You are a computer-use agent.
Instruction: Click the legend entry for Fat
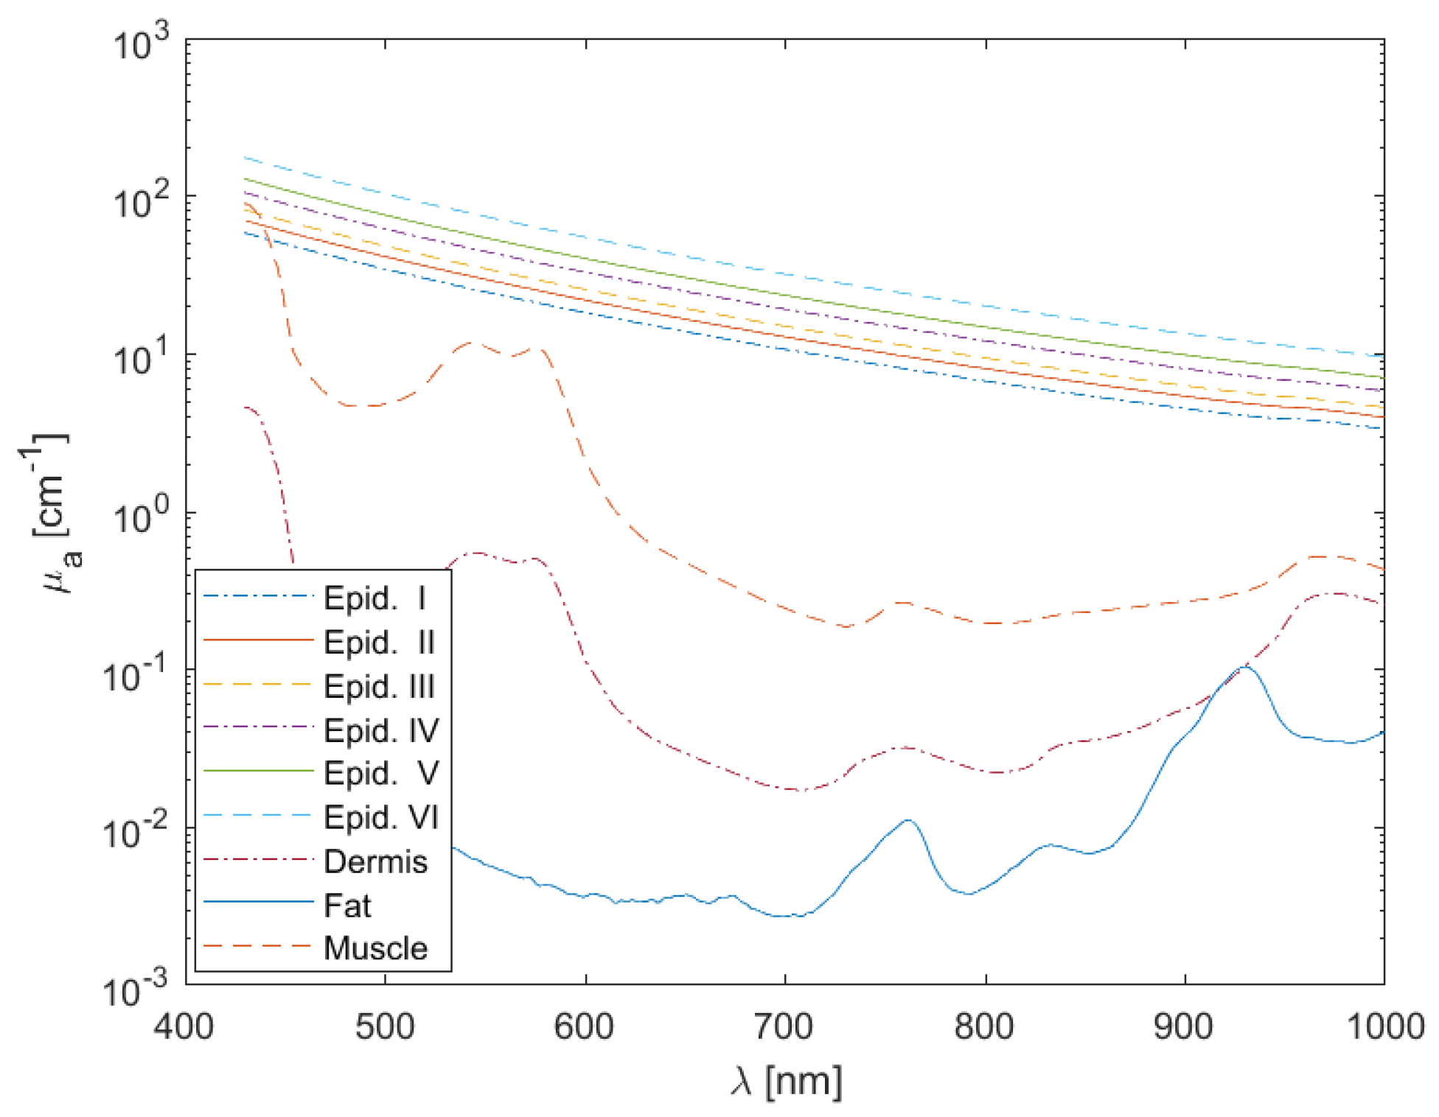(x=347, y=905)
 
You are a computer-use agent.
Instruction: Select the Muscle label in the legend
(x=375, y=948)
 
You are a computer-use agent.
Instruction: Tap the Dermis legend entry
(x=375, y=861)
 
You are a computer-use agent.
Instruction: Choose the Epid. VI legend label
(x=381, y=817)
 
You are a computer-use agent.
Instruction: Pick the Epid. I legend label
(x=375, y=598)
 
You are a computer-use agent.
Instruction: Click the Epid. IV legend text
(x=381, y=730)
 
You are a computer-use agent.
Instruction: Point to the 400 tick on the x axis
(x=184, y=1026)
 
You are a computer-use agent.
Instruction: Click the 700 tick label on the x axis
(x=784, y=1026)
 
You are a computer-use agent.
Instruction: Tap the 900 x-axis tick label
(x=1185, y=1026)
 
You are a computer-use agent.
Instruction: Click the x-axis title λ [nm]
(x=786, y=1081)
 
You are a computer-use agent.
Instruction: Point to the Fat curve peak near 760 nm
(x=908, y=820)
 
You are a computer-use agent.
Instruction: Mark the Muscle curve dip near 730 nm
(x=846, y=626)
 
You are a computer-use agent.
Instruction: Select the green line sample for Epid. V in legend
(x=258, y=771)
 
